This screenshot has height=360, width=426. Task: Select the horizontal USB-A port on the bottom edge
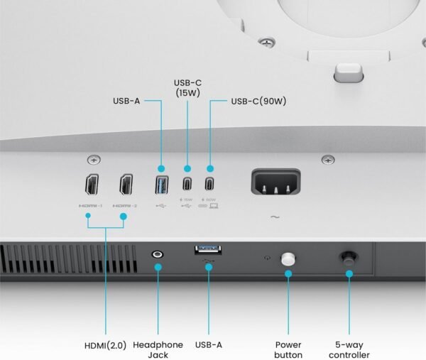[x=207, y=249]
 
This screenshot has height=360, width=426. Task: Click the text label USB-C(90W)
[x=258, y=101]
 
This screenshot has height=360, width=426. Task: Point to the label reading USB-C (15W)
[x=188, y=88]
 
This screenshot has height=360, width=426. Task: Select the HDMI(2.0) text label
[x=104, y=345]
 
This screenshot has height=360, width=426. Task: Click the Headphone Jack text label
[x=158, y=349]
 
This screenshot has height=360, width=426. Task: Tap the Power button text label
[x=288, y=349]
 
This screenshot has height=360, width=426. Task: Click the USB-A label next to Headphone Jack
[x=209, y=345]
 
